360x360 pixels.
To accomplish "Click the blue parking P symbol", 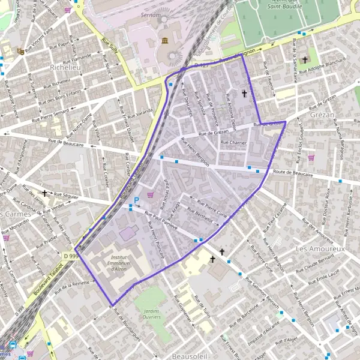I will (136, 200).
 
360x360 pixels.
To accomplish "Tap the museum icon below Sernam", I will (164, 40).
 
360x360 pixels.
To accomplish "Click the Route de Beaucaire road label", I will (299, 172).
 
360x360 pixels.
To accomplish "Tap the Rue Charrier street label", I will (233, 143).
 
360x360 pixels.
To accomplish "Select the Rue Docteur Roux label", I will (327, 200).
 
